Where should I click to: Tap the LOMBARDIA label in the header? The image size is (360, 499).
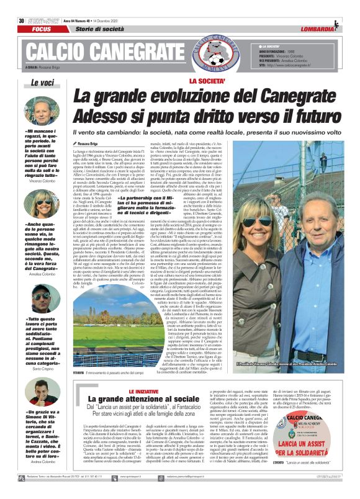click(319, 12)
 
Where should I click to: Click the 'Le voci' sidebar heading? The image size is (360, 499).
click(43, 82)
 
